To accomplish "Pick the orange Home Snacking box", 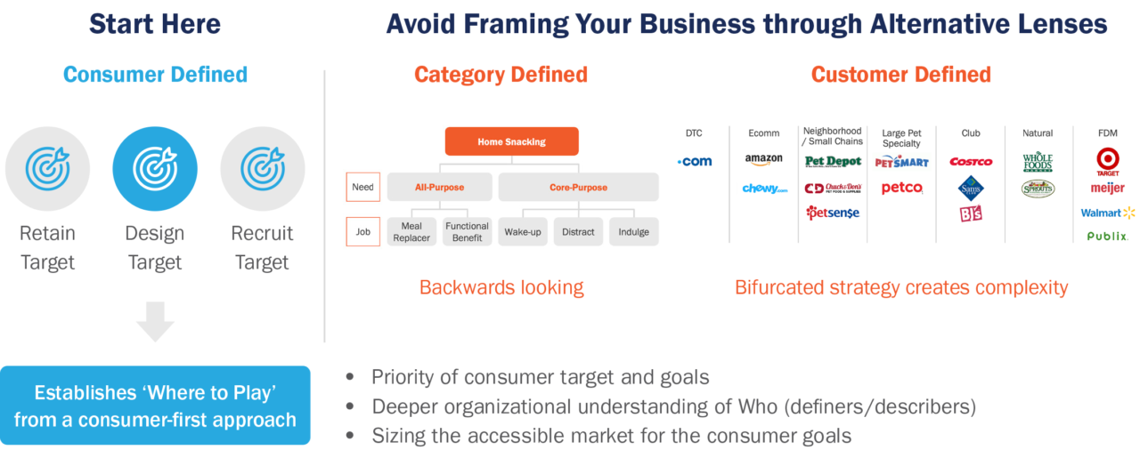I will [511, 141].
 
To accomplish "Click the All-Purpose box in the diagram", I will [439, 188].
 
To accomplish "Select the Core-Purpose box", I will [578, 188].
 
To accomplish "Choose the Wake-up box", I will [523, 232].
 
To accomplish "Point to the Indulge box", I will [633, 232].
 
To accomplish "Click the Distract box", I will [578, 232].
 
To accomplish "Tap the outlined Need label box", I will [363, 187].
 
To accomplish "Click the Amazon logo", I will [764, 159].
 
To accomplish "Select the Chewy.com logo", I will [764, 189].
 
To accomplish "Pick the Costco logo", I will [970, 162].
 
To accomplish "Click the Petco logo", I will [901, 189].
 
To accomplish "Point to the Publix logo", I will [1107, 237].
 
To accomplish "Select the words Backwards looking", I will [501, 287].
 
